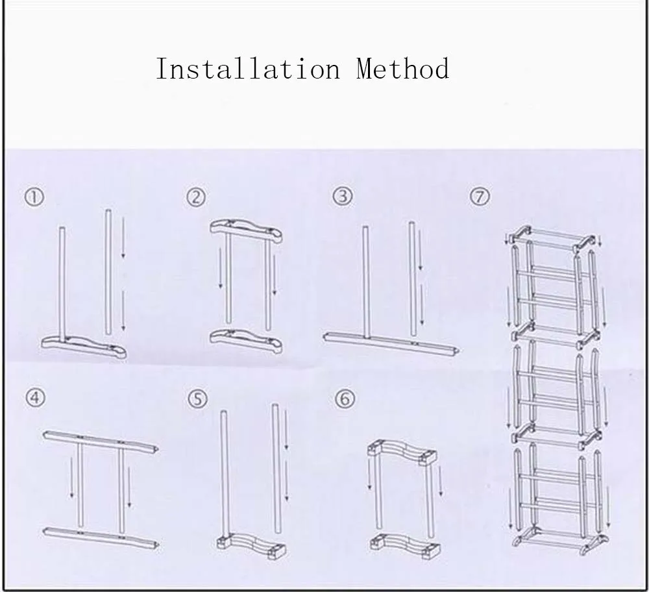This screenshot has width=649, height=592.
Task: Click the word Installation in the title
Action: (247, 69)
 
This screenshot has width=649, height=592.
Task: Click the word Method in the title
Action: (402, 69)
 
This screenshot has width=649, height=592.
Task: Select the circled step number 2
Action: (196, 197)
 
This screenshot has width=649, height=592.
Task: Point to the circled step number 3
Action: (343, 196)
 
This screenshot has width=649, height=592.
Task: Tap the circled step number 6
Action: (345, 399)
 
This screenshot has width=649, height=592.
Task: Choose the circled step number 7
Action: (480, 196)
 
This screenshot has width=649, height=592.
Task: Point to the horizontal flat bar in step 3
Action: (393, 342)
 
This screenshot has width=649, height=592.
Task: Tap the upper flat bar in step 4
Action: (101, 439)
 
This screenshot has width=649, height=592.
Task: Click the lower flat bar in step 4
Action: (101, 537)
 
